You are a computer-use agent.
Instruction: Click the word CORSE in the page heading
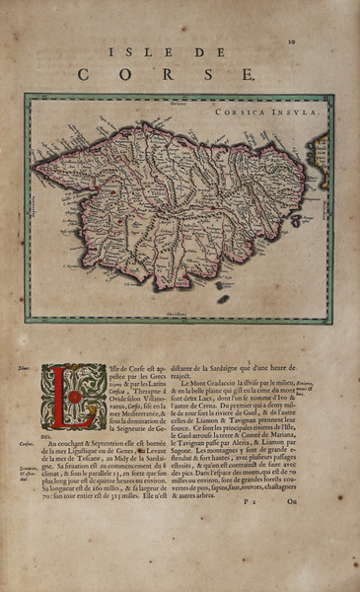pyautogui.click(x=166, y=73)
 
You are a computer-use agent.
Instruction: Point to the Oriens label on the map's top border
pyautogui.click(x=178, y=102)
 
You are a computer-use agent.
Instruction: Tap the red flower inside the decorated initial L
pyautogui.click(x=73, y=396)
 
